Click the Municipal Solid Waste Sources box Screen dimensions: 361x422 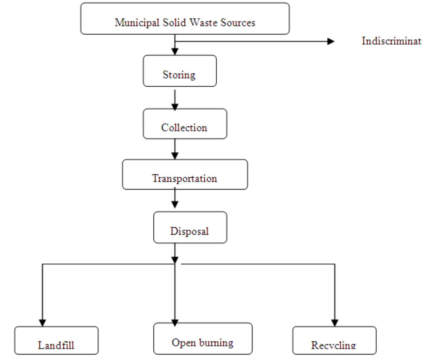(x=185, y=19)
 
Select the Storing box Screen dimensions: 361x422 (x=179, y=71)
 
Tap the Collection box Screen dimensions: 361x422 (x=185, y=124)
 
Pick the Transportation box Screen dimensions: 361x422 (x=185, y=174)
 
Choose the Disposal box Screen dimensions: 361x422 (x=190, y=227)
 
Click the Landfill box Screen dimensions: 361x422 (x=56, y=340)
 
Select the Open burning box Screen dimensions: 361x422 (x=203, y=338)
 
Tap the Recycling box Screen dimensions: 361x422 (x=334, y=340)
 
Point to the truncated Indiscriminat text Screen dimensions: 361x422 (x=391, y=41)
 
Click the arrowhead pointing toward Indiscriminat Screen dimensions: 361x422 (x=331, y=41)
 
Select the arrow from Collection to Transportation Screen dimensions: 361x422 (x=175, y=149)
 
